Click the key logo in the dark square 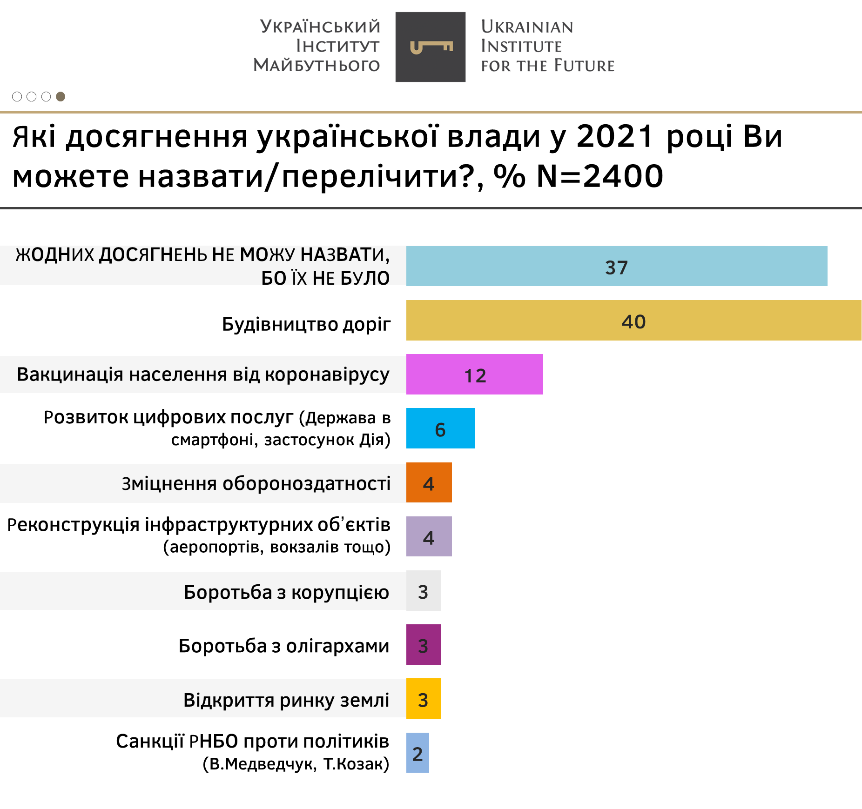[431, 47]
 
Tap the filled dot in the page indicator [61, 96]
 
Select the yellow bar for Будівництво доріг [633, 320]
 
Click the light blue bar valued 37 [616, 266]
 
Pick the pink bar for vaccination [474, 374]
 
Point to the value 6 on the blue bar [440, 429]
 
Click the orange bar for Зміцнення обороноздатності [429, 482]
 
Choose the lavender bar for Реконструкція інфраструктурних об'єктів [429, 536]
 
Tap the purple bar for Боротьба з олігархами [423, 644]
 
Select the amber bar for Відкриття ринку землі [423, 698]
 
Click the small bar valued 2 [418, 753]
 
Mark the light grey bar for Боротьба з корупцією [423, 590]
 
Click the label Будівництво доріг [306, 324]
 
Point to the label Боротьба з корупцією [286, 592]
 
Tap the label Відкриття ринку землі [286, 700]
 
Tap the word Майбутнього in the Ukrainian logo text [317, 65]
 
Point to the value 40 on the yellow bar [633, 321]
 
